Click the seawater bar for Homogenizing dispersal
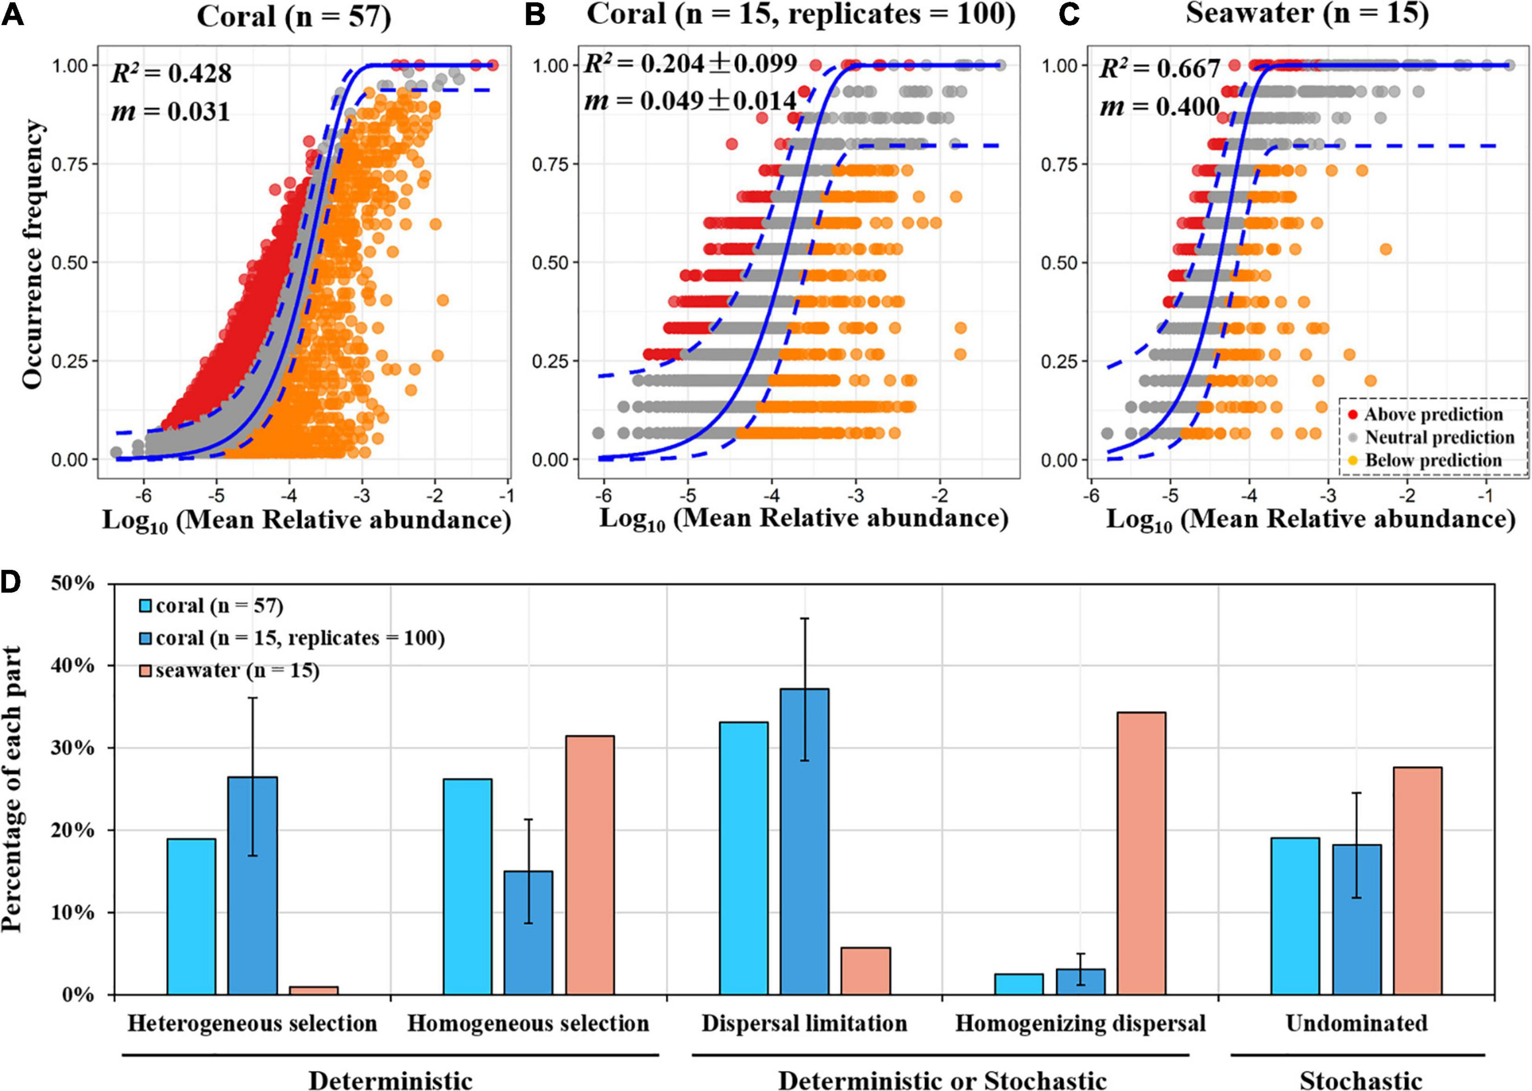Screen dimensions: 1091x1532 pyautogui.click(x=1141, y=853)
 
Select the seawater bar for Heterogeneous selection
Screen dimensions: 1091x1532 pyautogui.click(x=314, y=990)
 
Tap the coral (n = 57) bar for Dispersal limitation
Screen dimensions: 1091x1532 pyautogui.click(x=743, y=858)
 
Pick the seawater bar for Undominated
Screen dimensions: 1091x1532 pyautogui.click(x=1417, y=881)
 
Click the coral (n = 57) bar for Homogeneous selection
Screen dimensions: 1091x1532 pyautogui.click(x=468, y=887)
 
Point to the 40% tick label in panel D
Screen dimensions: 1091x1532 pyautogui.click(x=72, y=666)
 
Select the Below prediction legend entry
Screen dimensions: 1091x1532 pyautogui.click(x=1433, y=460)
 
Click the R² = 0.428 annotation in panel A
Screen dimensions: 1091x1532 pyautogui.click(x=171, y=72)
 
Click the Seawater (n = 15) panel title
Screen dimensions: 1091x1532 pyautogui.click(x=1306, y=13)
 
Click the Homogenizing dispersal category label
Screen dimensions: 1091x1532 pyautogui.click(x=1080, y=1023)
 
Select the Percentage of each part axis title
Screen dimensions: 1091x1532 pyautogui.click(x=12, y=789)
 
